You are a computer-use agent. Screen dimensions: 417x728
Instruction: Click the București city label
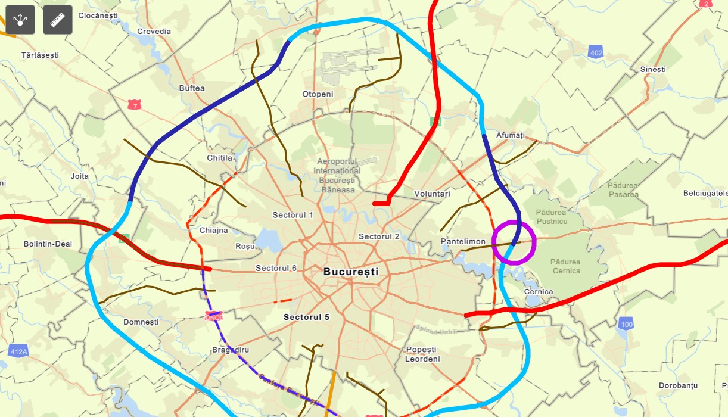click(351, 272)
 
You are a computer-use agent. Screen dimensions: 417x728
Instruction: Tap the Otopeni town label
click(318, 94)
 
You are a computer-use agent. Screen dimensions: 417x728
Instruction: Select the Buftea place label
click(192, 88)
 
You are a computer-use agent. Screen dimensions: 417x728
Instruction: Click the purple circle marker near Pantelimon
click(514, 242)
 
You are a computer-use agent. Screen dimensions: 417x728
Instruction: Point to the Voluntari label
click(432, 194)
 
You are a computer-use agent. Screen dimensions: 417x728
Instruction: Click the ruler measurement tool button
click(58, 20)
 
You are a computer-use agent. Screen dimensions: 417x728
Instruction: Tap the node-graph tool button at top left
click(20, 20)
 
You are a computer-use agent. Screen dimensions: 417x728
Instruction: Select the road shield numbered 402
click(595, 52)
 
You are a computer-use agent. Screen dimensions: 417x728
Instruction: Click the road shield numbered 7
click(135, 105)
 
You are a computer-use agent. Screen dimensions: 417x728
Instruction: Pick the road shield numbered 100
click(626, 324)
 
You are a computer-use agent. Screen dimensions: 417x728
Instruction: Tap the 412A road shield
click(19, 351)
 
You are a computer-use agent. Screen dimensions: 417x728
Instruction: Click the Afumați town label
click(511, 136)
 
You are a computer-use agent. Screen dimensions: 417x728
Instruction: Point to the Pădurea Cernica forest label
click(565, 266)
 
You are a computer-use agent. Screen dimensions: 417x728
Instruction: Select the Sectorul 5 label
click(306, 317)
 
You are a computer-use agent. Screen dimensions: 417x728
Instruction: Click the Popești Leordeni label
click(422, 354)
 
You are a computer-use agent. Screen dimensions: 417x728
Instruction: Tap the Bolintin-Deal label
click(48, 244)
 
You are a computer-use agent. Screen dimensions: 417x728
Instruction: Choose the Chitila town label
click(220, 158)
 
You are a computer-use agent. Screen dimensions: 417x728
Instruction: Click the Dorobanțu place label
click(678, 385)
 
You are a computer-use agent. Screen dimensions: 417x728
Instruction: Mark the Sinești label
click(653, 70)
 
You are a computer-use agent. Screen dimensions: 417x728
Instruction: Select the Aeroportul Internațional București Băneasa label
click(337, 176)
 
